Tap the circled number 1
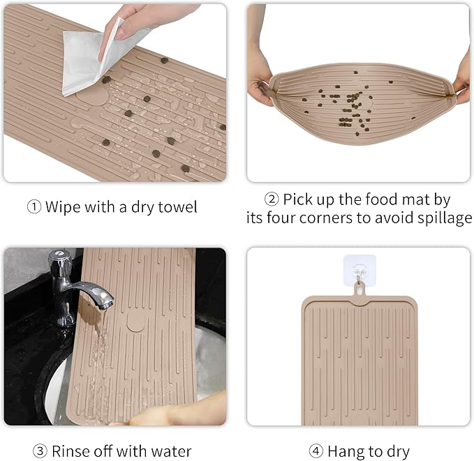pyautogui.click(x=34, y=207)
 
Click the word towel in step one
pyautogui.click(x=177, y=207)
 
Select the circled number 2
pyautogui.click(x=272, y=199)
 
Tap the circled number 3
pyautogui.click(x=40, y=451)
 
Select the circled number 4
pyautogui.click(x=316, y=451)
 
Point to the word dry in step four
pyautogui.click(x=398, y=452)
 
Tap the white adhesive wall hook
pyautogui.click(x=360, y=270)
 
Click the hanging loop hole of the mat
pyautogui.click(x=360, y=291)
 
